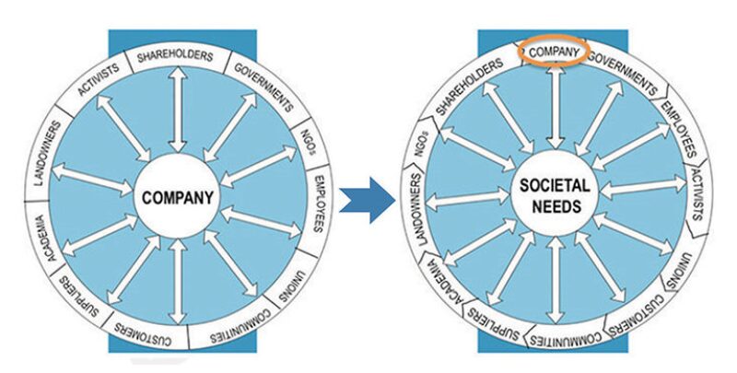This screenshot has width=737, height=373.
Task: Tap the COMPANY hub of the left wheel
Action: [178, 196]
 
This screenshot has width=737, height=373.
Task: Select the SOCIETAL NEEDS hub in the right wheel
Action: [555, 196]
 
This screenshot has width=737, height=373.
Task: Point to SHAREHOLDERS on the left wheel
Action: [175, 57]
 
